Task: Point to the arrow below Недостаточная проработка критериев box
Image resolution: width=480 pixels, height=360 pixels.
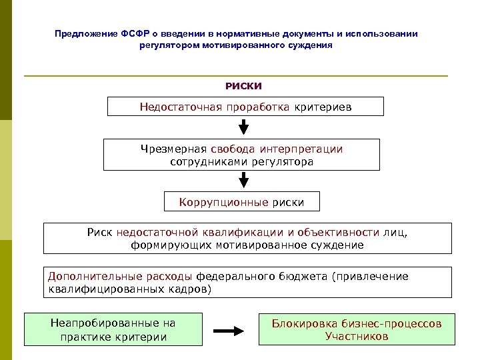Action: (244, 126)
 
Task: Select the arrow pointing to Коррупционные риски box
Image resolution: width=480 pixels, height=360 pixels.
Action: (244, 179)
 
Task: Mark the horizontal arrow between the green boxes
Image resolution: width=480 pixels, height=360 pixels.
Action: (229, 330)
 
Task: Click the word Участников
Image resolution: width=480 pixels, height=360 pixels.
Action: (356, 336)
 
